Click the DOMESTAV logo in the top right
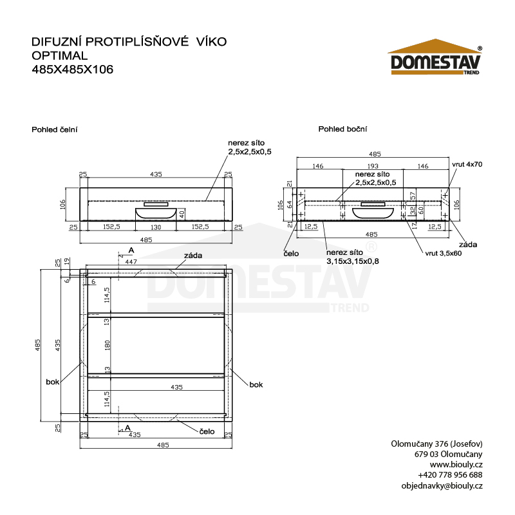[x=435, y=57]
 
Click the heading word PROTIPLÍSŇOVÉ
[x=137, y=42]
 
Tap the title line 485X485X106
[x=72, y=70]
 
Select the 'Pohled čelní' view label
[x=55, y=130]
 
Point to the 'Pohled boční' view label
[x=342, y=129]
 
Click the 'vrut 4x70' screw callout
[x=467, y=164]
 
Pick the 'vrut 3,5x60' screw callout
[x=444, y=253]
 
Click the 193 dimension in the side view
[x=373, y=166]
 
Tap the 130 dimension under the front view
[x=156, y=227]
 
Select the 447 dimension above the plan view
[x=131, y=262]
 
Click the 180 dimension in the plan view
[x=107, y=345]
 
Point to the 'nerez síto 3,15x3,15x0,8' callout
[x=352, y=257]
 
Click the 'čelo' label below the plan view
[x=207, y=431]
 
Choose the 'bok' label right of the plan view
[x=256, y=384]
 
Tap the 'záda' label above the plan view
[x=193, y=256]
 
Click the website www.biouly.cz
[x=456, y=464]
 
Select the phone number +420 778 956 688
[x=450, y=475]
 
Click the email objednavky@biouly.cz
[x=442, y=486]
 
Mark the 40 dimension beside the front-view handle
[x=182, y=214]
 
